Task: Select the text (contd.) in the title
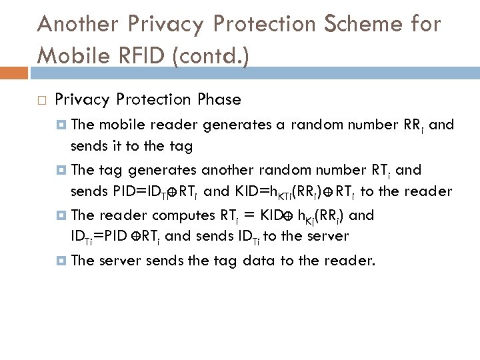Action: coord(209,53)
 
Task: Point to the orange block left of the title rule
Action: coord(13,71)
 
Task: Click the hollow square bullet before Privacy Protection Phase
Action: coord(41,101)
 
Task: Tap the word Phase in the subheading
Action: coord(219,100)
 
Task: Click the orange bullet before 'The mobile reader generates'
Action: coord(61,124)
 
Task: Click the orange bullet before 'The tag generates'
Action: coord(61,170)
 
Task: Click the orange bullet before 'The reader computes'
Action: coord(61,215)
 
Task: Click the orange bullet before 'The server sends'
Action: coord(61,261)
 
